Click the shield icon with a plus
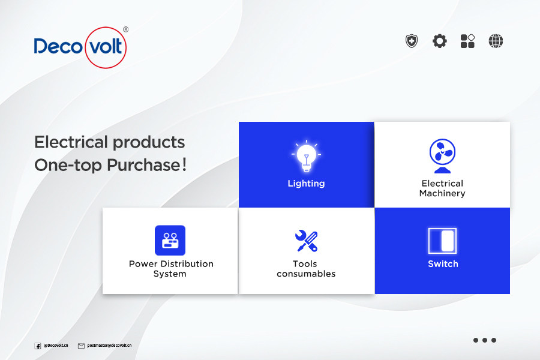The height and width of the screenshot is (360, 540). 411,41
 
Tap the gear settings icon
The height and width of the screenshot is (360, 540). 439,41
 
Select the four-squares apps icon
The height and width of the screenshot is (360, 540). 467,41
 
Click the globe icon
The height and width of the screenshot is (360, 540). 496,41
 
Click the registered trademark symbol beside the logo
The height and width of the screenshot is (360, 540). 126,29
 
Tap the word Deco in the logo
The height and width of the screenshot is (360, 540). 58,47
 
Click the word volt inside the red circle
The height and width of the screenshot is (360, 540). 106,47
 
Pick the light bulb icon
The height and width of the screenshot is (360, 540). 306,156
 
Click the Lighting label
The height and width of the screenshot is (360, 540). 306,183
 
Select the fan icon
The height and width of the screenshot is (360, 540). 443,156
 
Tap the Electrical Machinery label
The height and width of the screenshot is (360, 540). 442,188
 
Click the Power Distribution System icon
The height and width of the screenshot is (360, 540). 170,241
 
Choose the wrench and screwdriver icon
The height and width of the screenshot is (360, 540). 306,241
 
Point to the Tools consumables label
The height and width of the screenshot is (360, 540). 306,269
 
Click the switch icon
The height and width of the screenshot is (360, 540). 442,241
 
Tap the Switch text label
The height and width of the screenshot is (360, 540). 443,264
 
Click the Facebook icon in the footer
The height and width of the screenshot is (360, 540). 38,346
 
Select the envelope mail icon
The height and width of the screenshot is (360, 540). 81,346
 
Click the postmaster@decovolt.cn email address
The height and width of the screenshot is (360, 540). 109,345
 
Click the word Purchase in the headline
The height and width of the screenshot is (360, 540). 144,165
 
